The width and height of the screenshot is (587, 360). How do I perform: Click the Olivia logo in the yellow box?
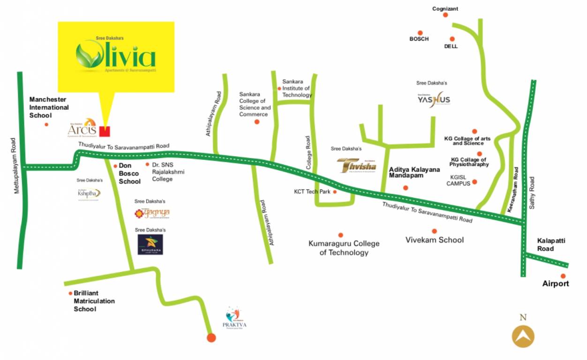point(116,55)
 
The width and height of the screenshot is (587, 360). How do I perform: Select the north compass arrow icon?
point(523,336)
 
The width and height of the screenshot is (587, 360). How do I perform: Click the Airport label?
point(556,284)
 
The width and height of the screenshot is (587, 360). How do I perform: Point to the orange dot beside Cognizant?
point(445,15)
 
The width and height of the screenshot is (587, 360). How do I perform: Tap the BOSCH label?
point(419,39)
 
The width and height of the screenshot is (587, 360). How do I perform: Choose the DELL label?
point(451,46)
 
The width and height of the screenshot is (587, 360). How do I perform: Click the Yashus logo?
point(434,99)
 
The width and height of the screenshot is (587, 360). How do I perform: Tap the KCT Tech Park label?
point(312,192)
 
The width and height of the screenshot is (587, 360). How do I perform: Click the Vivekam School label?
point(435,240)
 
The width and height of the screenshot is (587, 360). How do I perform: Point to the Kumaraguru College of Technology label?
point(344,248)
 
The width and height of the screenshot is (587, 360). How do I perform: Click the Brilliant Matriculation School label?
point(94,301)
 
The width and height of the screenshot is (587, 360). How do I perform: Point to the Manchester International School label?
point(49,107)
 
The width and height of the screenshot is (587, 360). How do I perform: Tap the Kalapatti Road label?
point(551,245)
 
